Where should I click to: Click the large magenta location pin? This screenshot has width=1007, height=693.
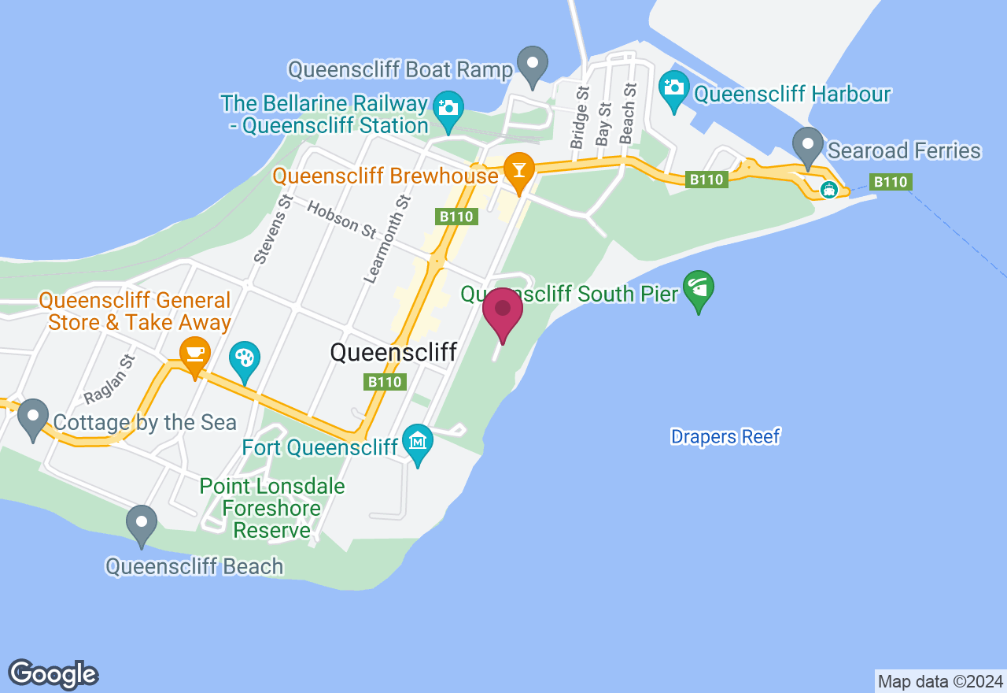503,312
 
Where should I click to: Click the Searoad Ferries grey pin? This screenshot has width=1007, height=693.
807,146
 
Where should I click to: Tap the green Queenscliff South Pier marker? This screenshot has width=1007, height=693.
699,289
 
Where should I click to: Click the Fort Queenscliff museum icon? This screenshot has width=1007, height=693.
418,442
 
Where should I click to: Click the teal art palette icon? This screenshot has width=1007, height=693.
245,359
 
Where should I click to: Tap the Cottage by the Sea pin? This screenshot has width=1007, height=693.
33,417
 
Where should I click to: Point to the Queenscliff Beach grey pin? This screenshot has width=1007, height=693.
142,523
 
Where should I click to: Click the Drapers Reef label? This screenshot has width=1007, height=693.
725,436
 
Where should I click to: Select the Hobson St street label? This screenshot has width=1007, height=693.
342,220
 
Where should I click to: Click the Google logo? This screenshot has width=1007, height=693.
53,674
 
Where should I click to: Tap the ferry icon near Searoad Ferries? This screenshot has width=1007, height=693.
828,190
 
